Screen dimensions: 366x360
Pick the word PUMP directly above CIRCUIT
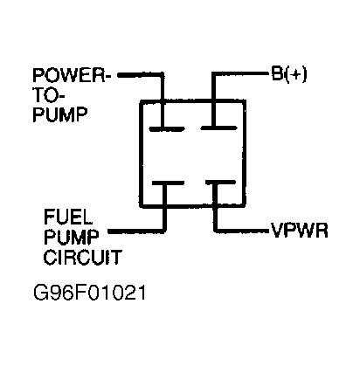tap(66, 237)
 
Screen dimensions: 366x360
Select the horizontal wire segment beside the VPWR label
tap(240, 231)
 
